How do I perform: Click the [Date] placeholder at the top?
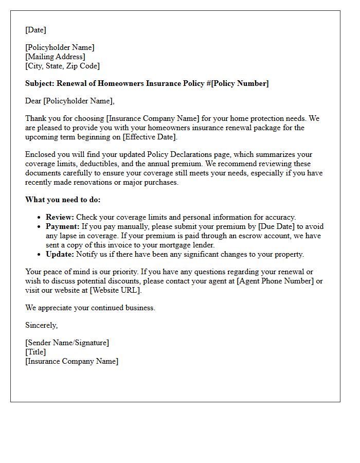pos(35,30)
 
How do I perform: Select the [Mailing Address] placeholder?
pos(55,57)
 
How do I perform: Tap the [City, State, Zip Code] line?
pos(62,66)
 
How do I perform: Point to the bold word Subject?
pos(40,83)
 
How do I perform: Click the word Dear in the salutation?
pos(33,101)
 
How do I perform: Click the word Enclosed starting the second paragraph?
pos(40,154)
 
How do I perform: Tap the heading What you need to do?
pos(63,200)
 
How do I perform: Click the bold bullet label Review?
pos(60,217)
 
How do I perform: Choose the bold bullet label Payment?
pos(63,226)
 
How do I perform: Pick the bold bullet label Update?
pos(60,254)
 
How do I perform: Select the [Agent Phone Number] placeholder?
pos(275,281)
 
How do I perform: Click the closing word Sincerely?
pos(41,325)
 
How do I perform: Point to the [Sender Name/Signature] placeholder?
pos(67,343)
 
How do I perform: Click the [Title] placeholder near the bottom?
pos(35,352)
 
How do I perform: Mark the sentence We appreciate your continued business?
pos(90,308)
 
